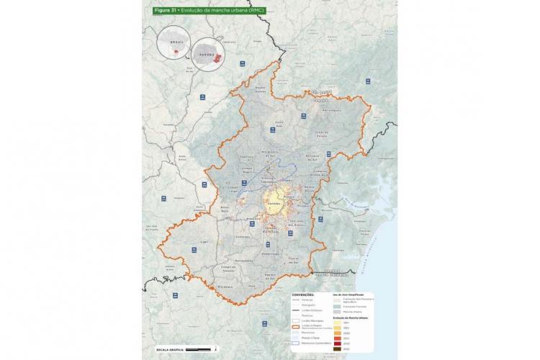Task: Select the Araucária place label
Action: point(253,217)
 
